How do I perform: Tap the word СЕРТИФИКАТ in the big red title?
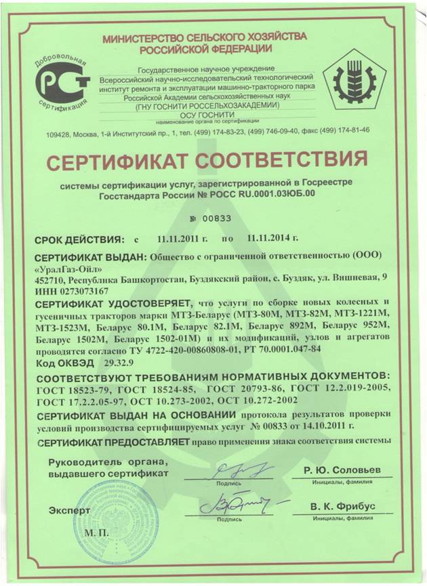click(x=134, y=161)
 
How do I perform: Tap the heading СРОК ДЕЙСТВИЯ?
click(x=80, y=239)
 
